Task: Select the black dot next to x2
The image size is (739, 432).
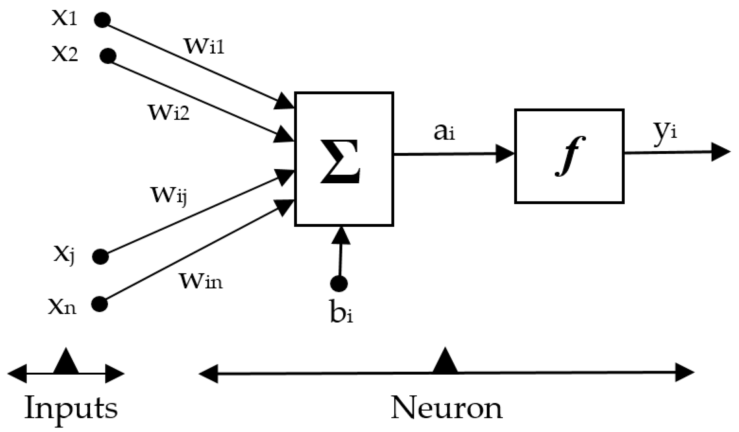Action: [x=108, y=56]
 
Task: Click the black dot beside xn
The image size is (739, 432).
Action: [x=100, y=304]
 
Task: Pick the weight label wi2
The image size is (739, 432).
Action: [x=168, y=112]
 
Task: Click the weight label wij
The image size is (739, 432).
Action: [x=169, y=194]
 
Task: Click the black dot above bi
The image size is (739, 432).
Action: [x=339, y=284]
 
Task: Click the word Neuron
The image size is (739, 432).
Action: [x=446, y=408]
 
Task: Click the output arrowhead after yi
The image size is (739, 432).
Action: [x=720, y=152]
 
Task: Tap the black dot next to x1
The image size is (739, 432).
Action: [x=102, y=20]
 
